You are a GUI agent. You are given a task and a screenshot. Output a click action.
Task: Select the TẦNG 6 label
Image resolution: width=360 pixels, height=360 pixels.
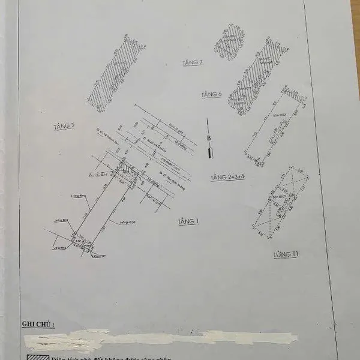click(212, 95)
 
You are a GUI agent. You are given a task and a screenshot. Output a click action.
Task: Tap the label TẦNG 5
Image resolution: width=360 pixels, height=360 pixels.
click(64, 126)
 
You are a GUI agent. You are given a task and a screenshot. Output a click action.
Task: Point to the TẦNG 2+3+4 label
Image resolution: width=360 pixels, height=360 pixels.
click(227, 178)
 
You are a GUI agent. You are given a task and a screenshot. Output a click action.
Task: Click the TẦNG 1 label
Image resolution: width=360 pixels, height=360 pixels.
click(188, 222)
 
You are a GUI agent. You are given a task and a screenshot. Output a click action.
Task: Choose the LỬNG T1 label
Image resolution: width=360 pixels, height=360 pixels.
click(286, 255)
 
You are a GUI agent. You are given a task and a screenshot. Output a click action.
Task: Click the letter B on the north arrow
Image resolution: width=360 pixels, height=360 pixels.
click(209, 137)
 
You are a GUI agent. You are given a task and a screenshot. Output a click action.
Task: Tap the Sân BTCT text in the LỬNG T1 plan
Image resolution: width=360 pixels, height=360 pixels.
click(277, 196)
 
